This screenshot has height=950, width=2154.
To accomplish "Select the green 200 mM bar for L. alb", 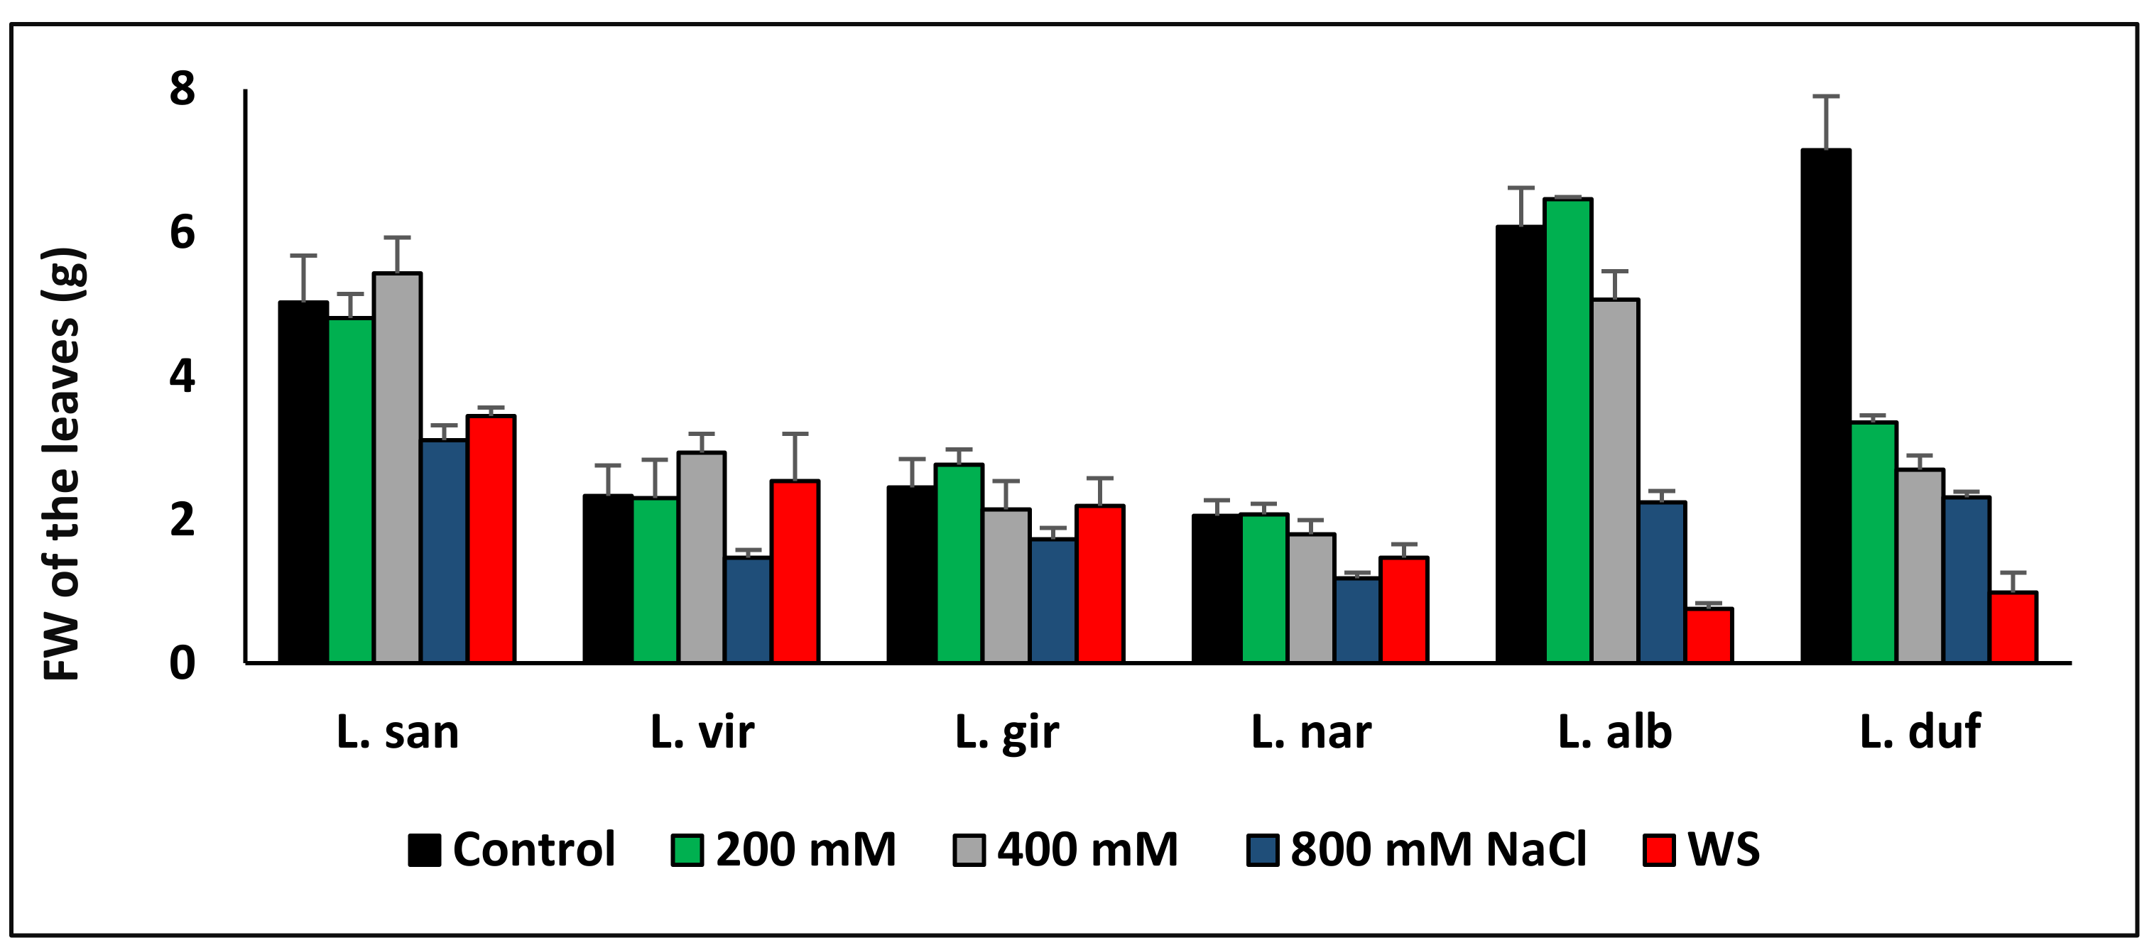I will click(1569, 431).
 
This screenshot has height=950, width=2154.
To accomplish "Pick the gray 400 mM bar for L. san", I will click(397, 469).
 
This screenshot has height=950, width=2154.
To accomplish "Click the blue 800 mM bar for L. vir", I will click(748, 611).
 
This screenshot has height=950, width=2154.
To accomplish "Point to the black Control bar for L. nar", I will click(1216, 589).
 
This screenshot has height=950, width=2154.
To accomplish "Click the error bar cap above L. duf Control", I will click(1825, 97).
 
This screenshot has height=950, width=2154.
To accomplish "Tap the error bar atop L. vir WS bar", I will click(795, 456).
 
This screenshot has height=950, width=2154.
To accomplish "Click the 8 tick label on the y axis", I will click(183, 89).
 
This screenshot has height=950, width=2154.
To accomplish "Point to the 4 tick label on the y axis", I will click(183, 376).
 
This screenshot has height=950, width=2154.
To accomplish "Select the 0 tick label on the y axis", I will click(183, 663).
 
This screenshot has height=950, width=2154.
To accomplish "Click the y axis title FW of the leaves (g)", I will click(62, 464).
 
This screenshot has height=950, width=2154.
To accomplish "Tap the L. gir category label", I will click(1007, 733).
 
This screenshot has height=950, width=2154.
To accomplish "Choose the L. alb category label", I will click(1615, 733).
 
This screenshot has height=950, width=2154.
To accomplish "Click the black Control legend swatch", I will click(424, 850).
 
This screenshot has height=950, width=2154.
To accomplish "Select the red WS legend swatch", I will click(1659, 850).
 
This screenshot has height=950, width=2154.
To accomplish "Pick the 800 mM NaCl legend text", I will click(1438, 850).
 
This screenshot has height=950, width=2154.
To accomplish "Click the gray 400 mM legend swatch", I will click(969, 850).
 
